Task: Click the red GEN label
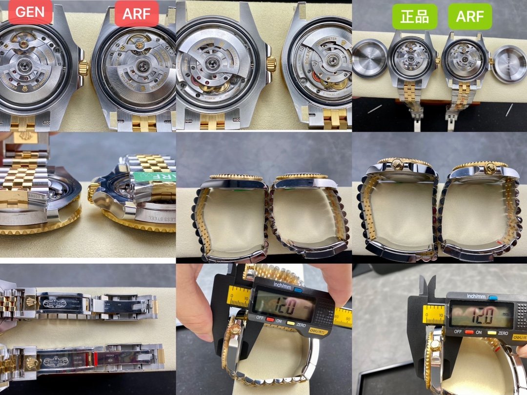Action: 30,13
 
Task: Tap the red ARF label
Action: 137,13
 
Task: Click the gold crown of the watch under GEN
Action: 83,68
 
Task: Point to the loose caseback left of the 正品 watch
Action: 369,58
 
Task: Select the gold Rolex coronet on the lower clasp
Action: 32,362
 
